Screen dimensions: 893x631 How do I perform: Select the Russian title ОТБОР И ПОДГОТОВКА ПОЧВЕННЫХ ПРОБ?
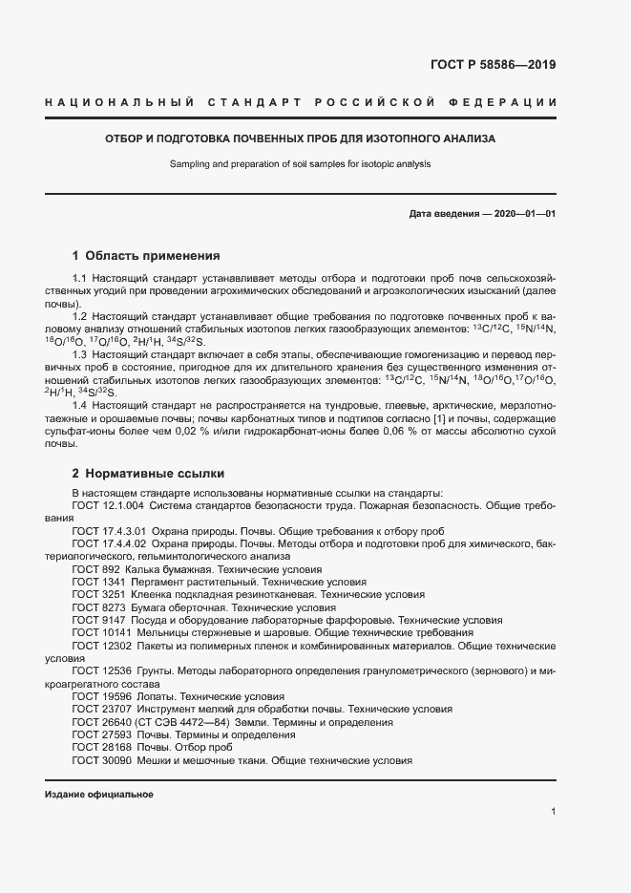coord(301,138)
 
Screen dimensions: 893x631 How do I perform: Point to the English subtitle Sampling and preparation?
coord(301,163)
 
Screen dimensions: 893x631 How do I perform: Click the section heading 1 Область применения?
coord(146,256)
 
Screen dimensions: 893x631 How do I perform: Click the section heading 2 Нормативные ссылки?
coord(148,474)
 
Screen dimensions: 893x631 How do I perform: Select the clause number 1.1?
coord(81,277)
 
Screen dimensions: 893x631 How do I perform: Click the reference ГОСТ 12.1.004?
coord(108,504)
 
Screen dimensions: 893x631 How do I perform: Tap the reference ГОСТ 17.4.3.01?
coord(109,531)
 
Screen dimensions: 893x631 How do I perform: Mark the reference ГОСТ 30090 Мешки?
coord(242,760)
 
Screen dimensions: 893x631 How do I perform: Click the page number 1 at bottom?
coord(553,812)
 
